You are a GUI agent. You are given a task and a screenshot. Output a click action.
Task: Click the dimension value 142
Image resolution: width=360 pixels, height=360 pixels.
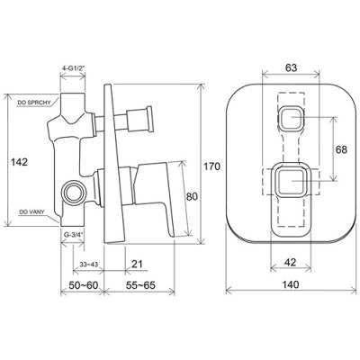(19, 162)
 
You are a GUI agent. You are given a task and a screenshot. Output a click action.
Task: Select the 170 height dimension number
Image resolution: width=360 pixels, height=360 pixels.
(212, 166)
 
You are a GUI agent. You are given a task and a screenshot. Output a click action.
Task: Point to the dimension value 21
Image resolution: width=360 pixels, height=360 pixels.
(137, 264)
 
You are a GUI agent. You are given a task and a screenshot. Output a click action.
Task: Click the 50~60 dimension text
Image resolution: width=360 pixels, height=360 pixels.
(84, 285)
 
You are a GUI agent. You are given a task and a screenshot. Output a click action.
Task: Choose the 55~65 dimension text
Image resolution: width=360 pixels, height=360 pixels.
(140, 285)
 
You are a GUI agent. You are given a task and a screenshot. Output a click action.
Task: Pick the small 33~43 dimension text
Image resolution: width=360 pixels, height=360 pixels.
(89, 265)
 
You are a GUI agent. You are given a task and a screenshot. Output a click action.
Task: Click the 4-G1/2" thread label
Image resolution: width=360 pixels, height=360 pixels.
(73, 68)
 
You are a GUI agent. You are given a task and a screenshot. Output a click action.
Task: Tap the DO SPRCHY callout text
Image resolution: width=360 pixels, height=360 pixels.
(33, 103)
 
